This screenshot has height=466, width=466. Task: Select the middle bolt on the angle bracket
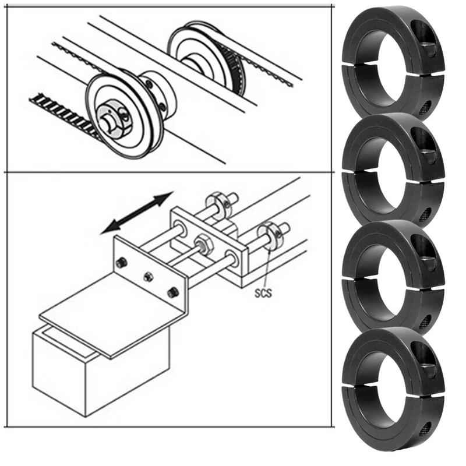coord(148,276)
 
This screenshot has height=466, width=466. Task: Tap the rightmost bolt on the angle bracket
coord(173,292)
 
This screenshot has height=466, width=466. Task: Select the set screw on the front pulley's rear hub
coord(150,86)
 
